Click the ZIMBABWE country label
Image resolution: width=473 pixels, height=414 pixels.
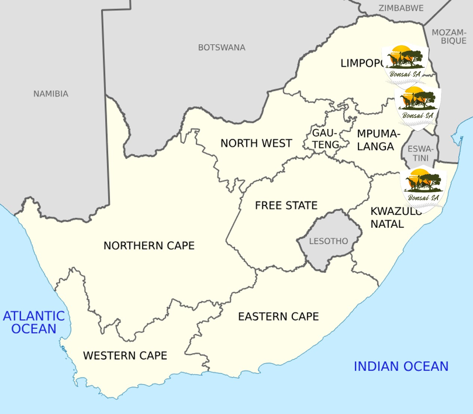point(401,8)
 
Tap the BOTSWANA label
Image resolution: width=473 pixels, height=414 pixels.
point(222,47)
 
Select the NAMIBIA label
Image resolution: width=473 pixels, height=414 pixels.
point(51,94)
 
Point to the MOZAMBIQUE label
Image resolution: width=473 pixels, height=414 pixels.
point(449,37)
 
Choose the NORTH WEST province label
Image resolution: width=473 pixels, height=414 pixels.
point(256,143)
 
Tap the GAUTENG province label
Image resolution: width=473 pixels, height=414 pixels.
point(326,139)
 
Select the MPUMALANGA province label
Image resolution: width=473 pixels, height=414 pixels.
point(378,140)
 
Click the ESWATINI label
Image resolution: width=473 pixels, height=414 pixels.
point(421,153)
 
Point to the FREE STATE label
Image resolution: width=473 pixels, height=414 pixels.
point(286,205)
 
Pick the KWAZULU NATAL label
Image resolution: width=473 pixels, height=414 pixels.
point(393,218)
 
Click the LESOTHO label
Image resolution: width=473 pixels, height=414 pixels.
point(328,241)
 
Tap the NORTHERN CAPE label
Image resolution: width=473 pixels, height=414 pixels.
point(149,246)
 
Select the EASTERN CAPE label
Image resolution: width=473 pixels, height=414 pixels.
point(278,317)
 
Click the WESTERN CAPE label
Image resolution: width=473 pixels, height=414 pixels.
point(125,355)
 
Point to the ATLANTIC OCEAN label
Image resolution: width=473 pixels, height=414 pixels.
point(34,322)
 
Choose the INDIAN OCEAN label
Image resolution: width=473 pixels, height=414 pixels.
point(401,367)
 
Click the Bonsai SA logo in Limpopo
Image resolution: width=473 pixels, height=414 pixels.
point(405,64)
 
